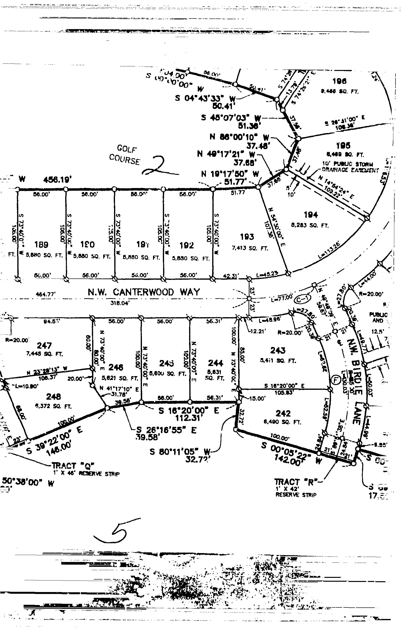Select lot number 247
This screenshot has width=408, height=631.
coord(44,346)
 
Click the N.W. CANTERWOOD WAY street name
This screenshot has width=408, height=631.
coord(144,292)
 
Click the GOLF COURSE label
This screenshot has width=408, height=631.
coord(125,155)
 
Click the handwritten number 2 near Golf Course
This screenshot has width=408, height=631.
coord(158,166)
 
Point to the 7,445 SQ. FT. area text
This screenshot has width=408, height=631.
coord(45,354)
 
